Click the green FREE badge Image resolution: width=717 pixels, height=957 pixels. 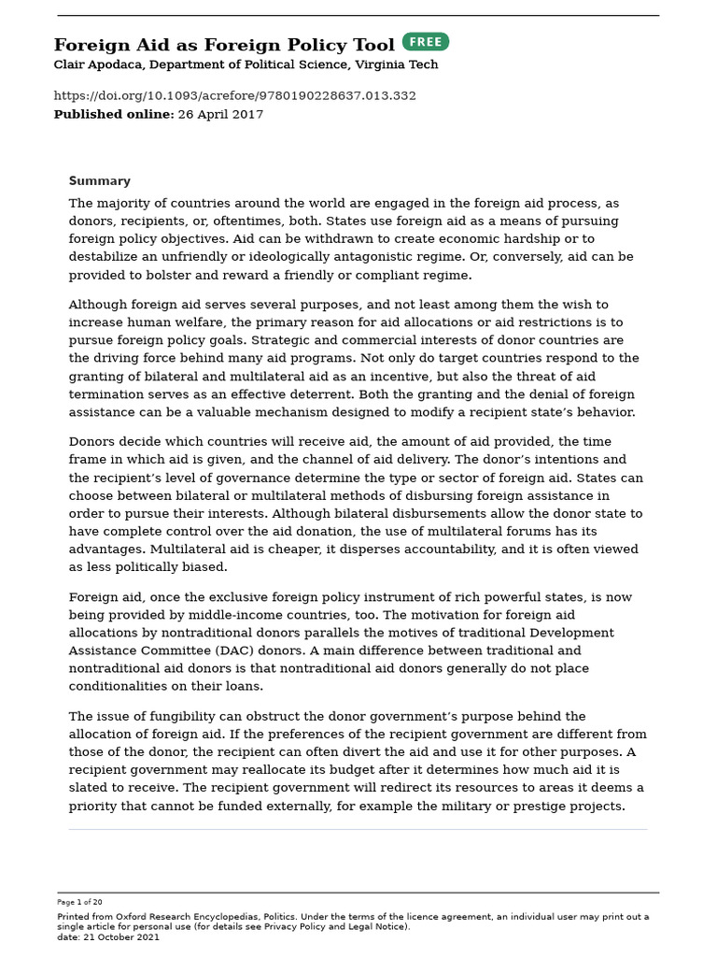pos(426,42)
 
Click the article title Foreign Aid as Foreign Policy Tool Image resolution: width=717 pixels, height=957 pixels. pos(224,45)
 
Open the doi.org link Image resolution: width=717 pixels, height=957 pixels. pos(234,95)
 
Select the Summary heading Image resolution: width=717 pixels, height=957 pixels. pos(99,181)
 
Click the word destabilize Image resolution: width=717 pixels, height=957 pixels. pos(101,257)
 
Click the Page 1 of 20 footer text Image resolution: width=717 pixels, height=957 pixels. pos(79,902)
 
